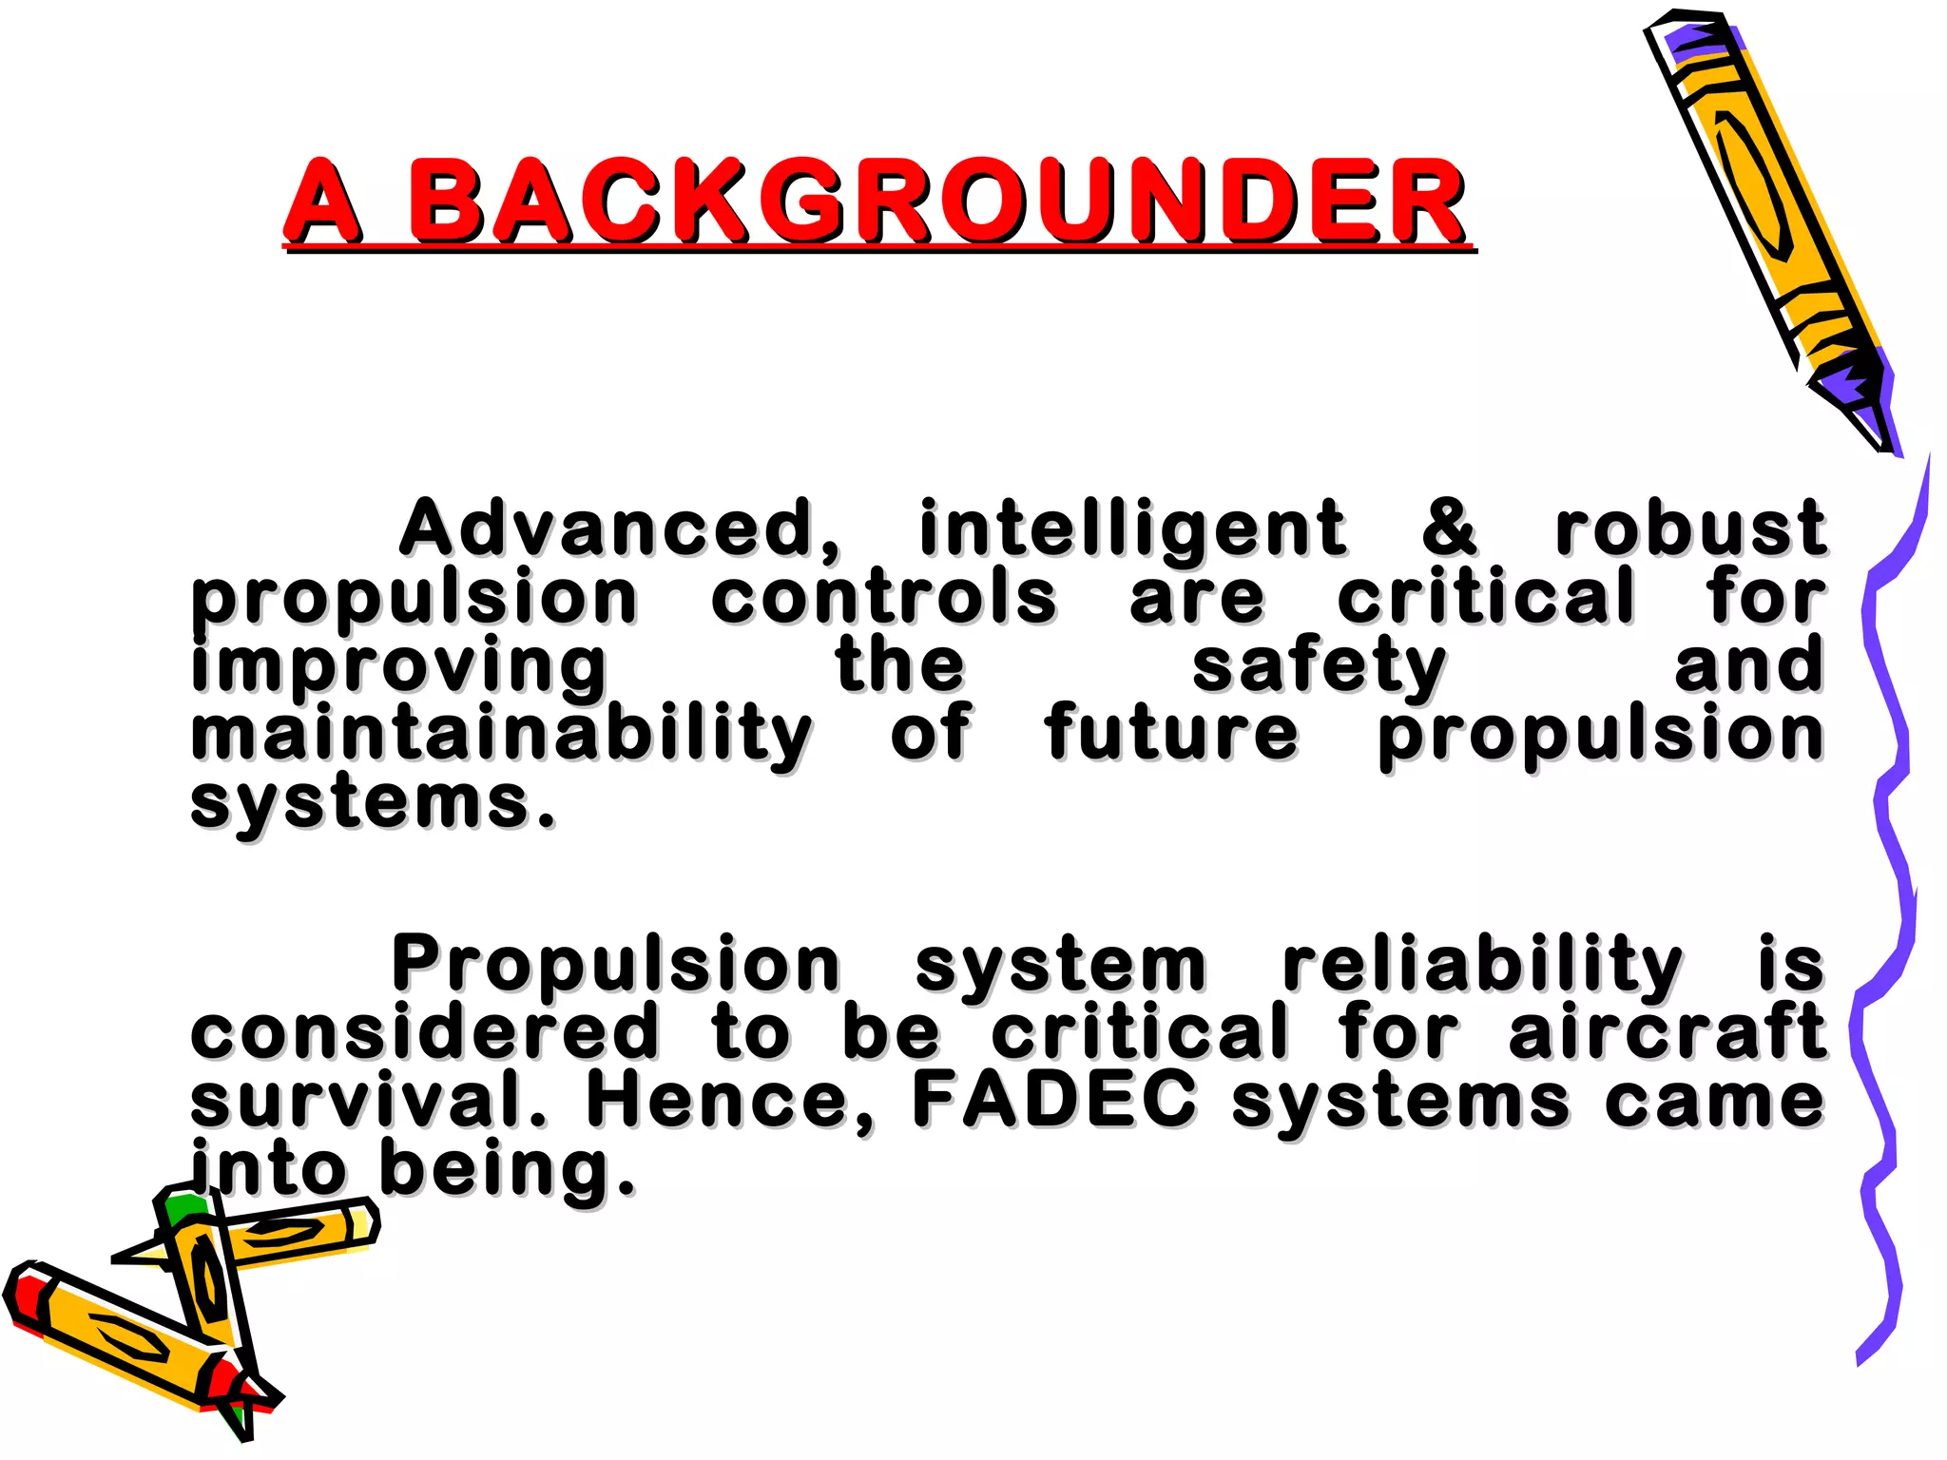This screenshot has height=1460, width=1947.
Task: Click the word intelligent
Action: tap(1131, 529)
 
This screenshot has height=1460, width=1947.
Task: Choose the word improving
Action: tap(399, 667)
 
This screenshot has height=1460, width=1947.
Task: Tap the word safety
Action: tap(1320, 667)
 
